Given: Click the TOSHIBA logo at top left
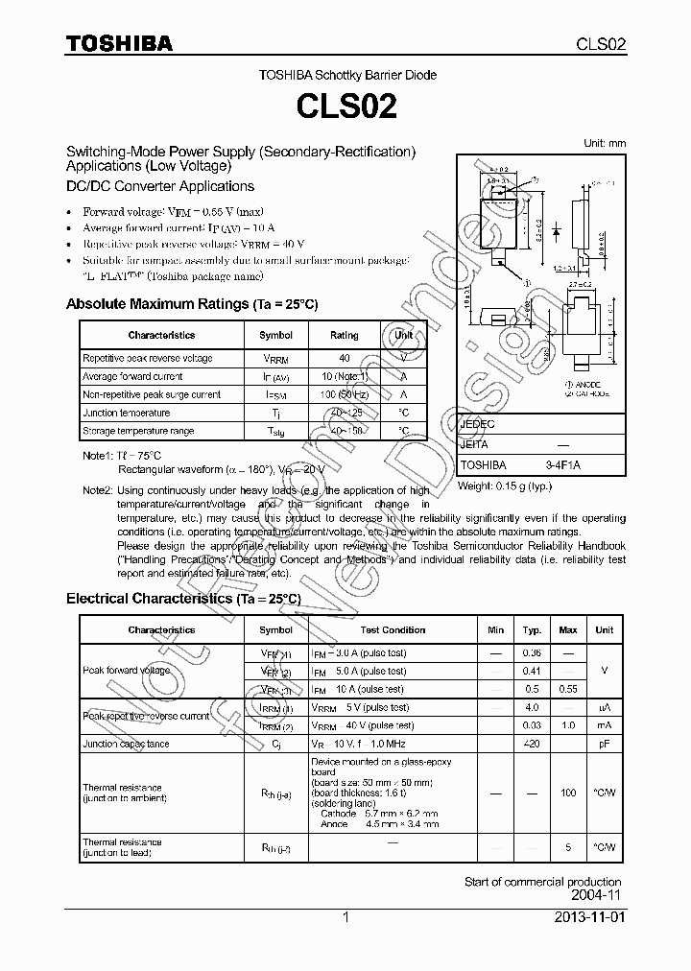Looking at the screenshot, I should [119, 43].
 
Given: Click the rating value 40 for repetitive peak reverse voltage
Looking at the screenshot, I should [344, 358].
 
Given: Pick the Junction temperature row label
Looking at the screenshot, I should [126, 413].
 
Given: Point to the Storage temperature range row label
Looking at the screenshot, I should [138, 431].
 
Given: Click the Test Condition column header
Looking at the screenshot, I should [393, 630].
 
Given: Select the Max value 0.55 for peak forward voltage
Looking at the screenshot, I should [568, 690].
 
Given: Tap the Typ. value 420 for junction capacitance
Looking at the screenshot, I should [532, 744].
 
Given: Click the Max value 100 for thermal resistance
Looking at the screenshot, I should [568, 793].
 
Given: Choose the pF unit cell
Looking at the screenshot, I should [604, 744].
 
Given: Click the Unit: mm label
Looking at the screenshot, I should [605, 143].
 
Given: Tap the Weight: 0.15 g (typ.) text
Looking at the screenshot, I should [505, 486].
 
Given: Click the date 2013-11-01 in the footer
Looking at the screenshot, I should [587, 917].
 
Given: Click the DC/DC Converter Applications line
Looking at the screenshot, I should [159, 186].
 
